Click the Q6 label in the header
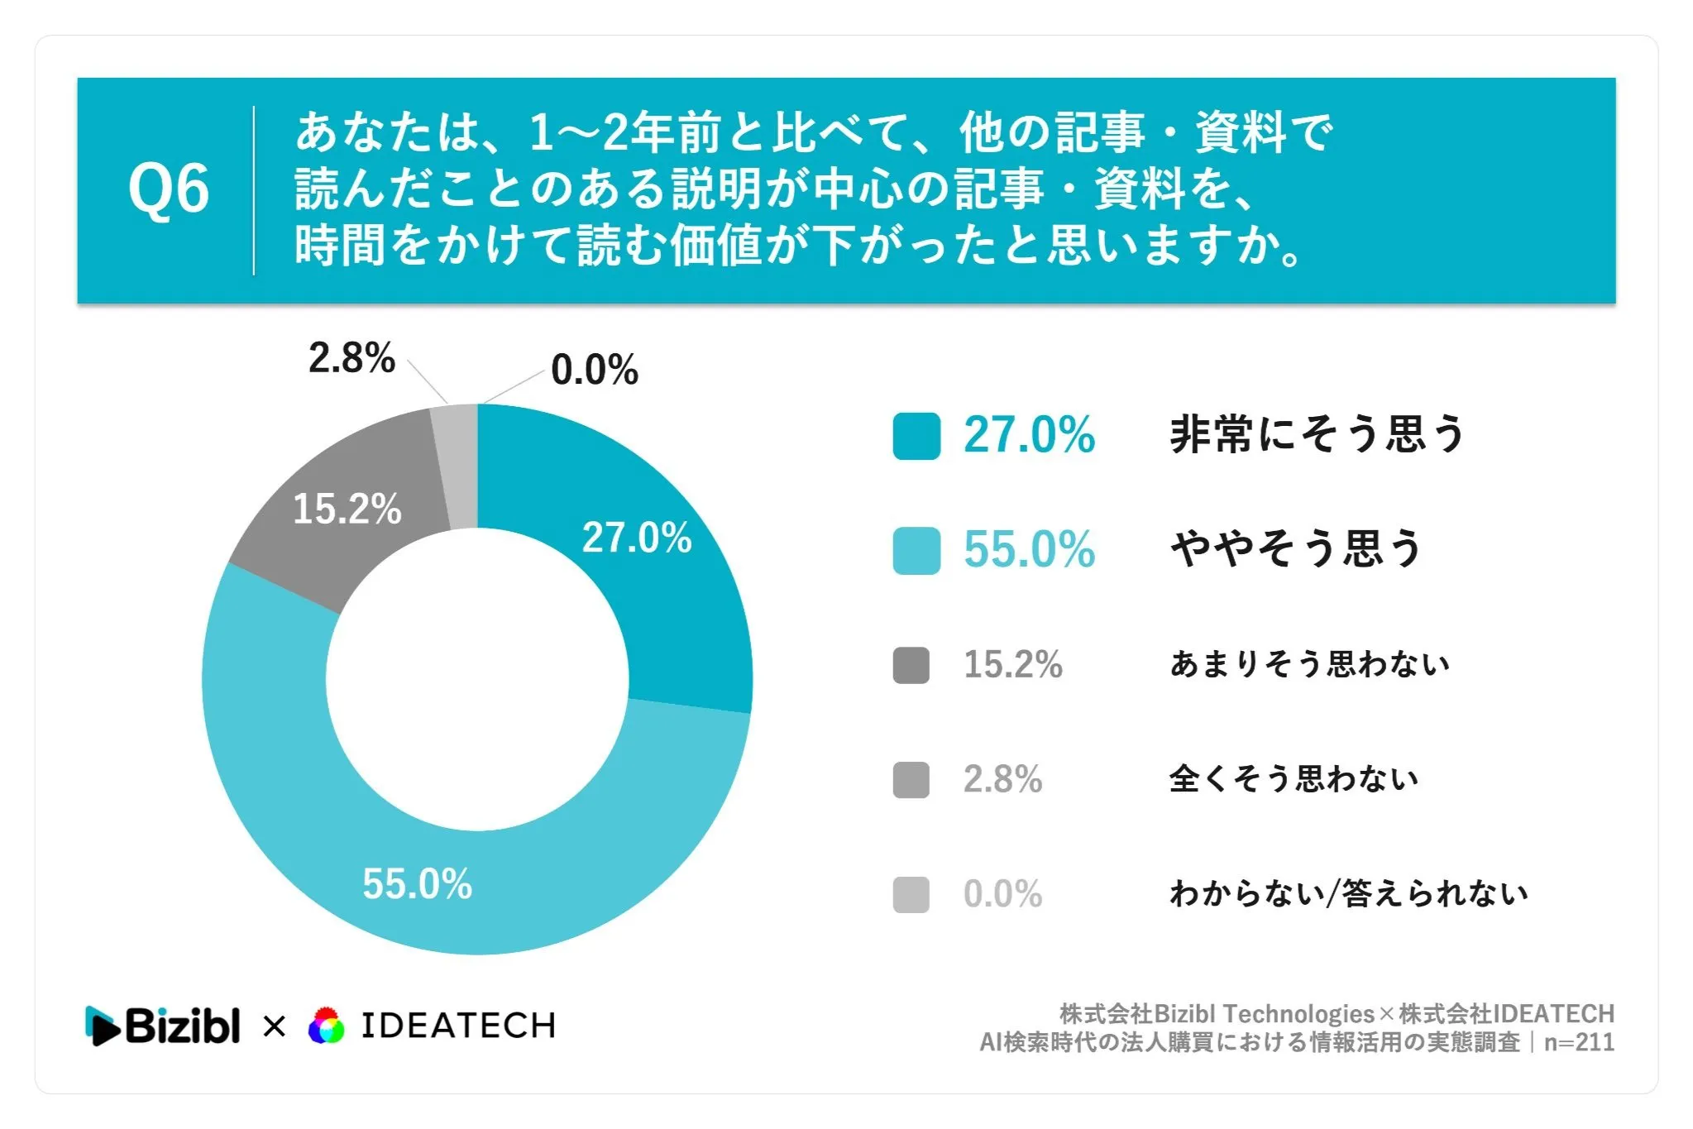(x=168, y=189)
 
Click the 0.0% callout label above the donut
(x=595, y=370)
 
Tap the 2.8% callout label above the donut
(x=352, y=358)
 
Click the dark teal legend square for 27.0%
(x=916, y=436)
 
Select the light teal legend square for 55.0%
(x=916, y=551)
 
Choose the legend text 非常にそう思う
(x=1317, y=434)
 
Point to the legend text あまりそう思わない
(x=1309, y=664)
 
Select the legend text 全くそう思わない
(x=1294, y=779)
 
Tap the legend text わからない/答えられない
(x=1348, y=894)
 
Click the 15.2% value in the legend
(x=1013, y=665)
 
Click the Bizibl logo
(x=162, y=1026)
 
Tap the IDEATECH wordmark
(x=458, y=1026)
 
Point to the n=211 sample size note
(x=1579, y=1042)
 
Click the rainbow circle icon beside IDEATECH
(x=326, y=1026)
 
